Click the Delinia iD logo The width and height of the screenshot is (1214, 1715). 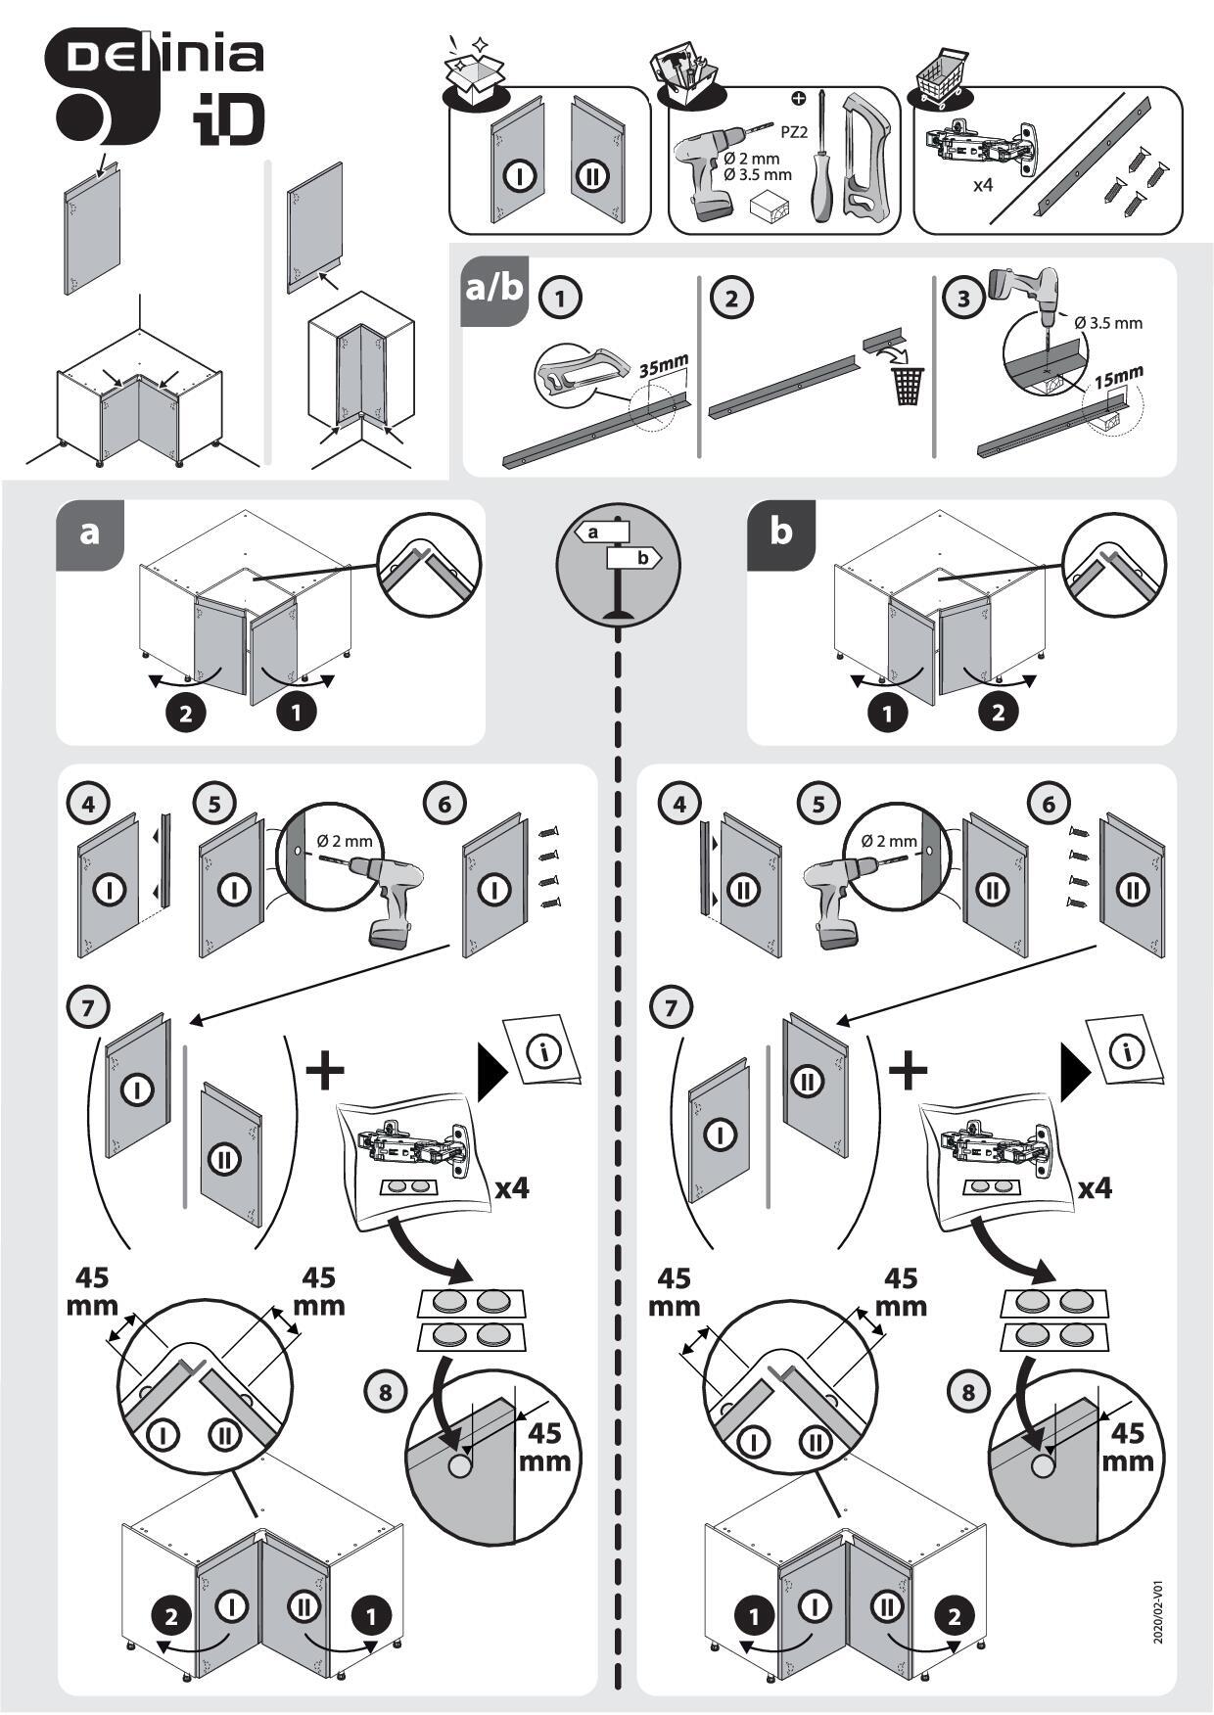[x=157, y=88]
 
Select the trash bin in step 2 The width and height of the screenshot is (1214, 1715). [x=907, y=384]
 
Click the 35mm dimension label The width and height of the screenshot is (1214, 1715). [x=664, y=367]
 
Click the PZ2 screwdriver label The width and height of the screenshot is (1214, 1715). [x=794, y=132]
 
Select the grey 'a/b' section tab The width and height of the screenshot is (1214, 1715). [x=494, y=290]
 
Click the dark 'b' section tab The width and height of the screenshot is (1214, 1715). [x=780, y=533]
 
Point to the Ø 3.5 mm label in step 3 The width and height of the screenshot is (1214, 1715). [x=1108, y=323]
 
